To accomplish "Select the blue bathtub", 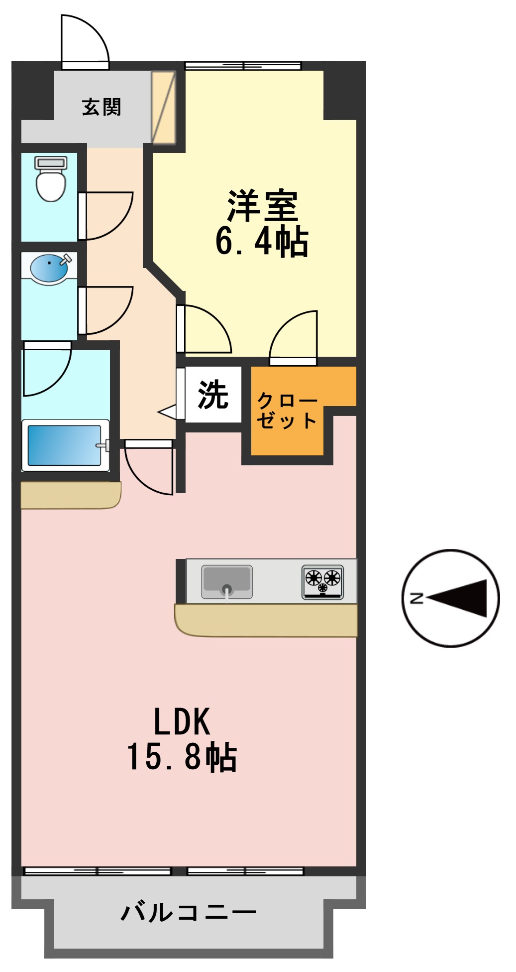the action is (65, 445).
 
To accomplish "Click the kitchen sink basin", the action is (227, 581).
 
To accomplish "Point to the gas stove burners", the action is (323, 582).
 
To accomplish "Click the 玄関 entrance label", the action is (102, 107).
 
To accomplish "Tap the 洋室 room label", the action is (262, 205).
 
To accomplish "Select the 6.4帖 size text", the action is (262, 241).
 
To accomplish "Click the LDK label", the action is (182, 721).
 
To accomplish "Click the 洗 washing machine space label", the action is (213, 395).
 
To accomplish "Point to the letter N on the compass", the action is (416, 598).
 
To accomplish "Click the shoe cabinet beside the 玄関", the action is (164, 107).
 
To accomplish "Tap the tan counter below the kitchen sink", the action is (266, 620).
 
